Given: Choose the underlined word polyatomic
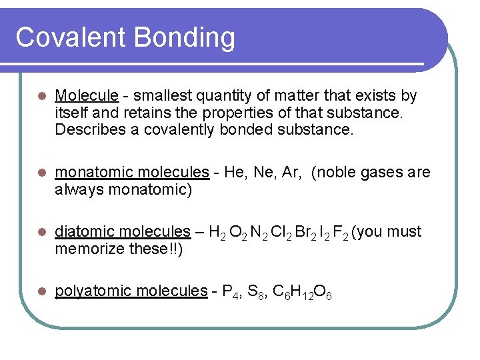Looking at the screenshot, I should [x=87, y=291].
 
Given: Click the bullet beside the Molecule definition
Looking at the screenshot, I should [x=41, y=97].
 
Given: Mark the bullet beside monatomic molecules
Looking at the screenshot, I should [x=41, y=173].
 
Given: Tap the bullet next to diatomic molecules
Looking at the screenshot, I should [x=41, y=232].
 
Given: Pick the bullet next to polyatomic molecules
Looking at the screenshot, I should [x=41, y=291].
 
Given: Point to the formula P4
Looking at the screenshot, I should [x=230, y=291].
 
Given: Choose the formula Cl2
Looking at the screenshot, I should [x=277, y=232].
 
